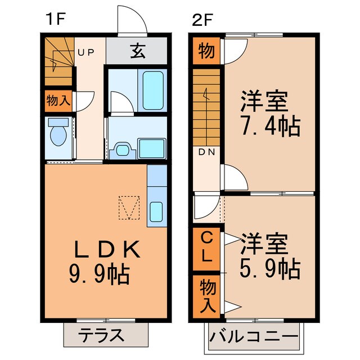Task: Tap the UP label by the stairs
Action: click(x=86, y=52)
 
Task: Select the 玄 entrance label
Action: click(x=137, y=52)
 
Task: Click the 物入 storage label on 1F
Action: click(x=58, y=101)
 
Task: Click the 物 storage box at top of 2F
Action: click(x=206, y=52)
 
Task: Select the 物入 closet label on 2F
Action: click(x=206, y=296)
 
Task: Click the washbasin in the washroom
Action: click(x=123, y=149)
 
